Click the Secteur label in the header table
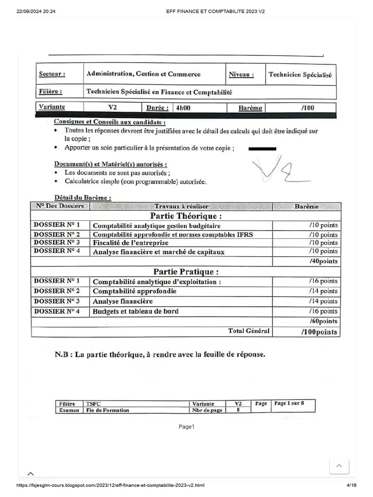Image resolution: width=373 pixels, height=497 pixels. [51, 74]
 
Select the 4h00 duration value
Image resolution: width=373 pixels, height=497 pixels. [184, 108]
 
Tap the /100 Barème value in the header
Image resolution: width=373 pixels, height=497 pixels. [307, 108]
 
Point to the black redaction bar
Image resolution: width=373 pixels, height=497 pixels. [262, 149]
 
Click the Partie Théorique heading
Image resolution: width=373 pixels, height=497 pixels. [186, 216]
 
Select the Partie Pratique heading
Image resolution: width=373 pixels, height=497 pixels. [186, 272]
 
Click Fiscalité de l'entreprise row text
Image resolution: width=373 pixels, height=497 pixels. [131, 243]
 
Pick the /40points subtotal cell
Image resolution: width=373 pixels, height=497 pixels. [323, 261]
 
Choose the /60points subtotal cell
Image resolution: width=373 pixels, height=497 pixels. [323, 321]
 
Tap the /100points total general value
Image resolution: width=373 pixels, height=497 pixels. [319, 332]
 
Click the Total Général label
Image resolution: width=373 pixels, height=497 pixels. [249, 331]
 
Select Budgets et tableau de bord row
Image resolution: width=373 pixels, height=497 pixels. [136, 312]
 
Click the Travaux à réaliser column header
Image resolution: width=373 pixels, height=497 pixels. [181, 206]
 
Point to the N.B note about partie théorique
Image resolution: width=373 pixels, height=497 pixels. [160, 355]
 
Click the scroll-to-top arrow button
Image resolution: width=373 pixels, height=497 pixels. [339, 466]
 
